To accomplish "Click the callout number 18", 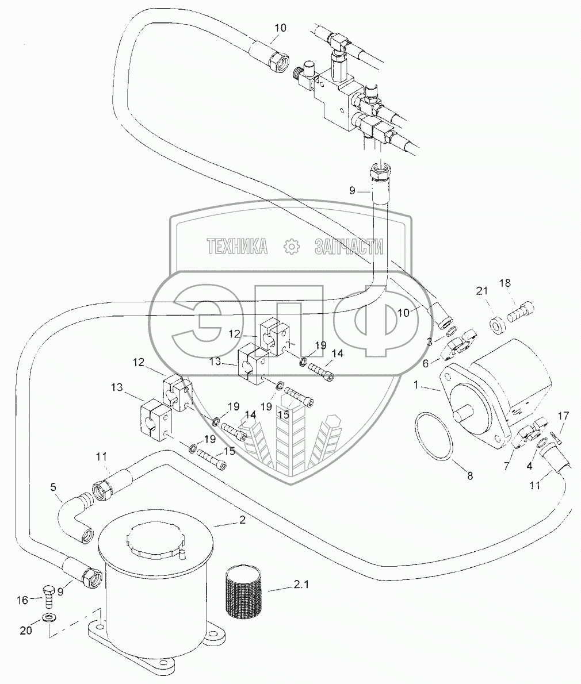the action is (505, 283).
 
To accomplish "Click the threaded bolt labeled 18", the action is (519, 312).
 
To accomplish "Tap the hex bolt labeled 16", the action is (49, 595).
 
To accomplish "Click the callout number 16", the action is (22, 600).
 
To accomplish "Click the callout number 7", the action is (506, 466).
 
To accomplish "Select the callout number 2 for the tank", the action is (242, 520).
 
